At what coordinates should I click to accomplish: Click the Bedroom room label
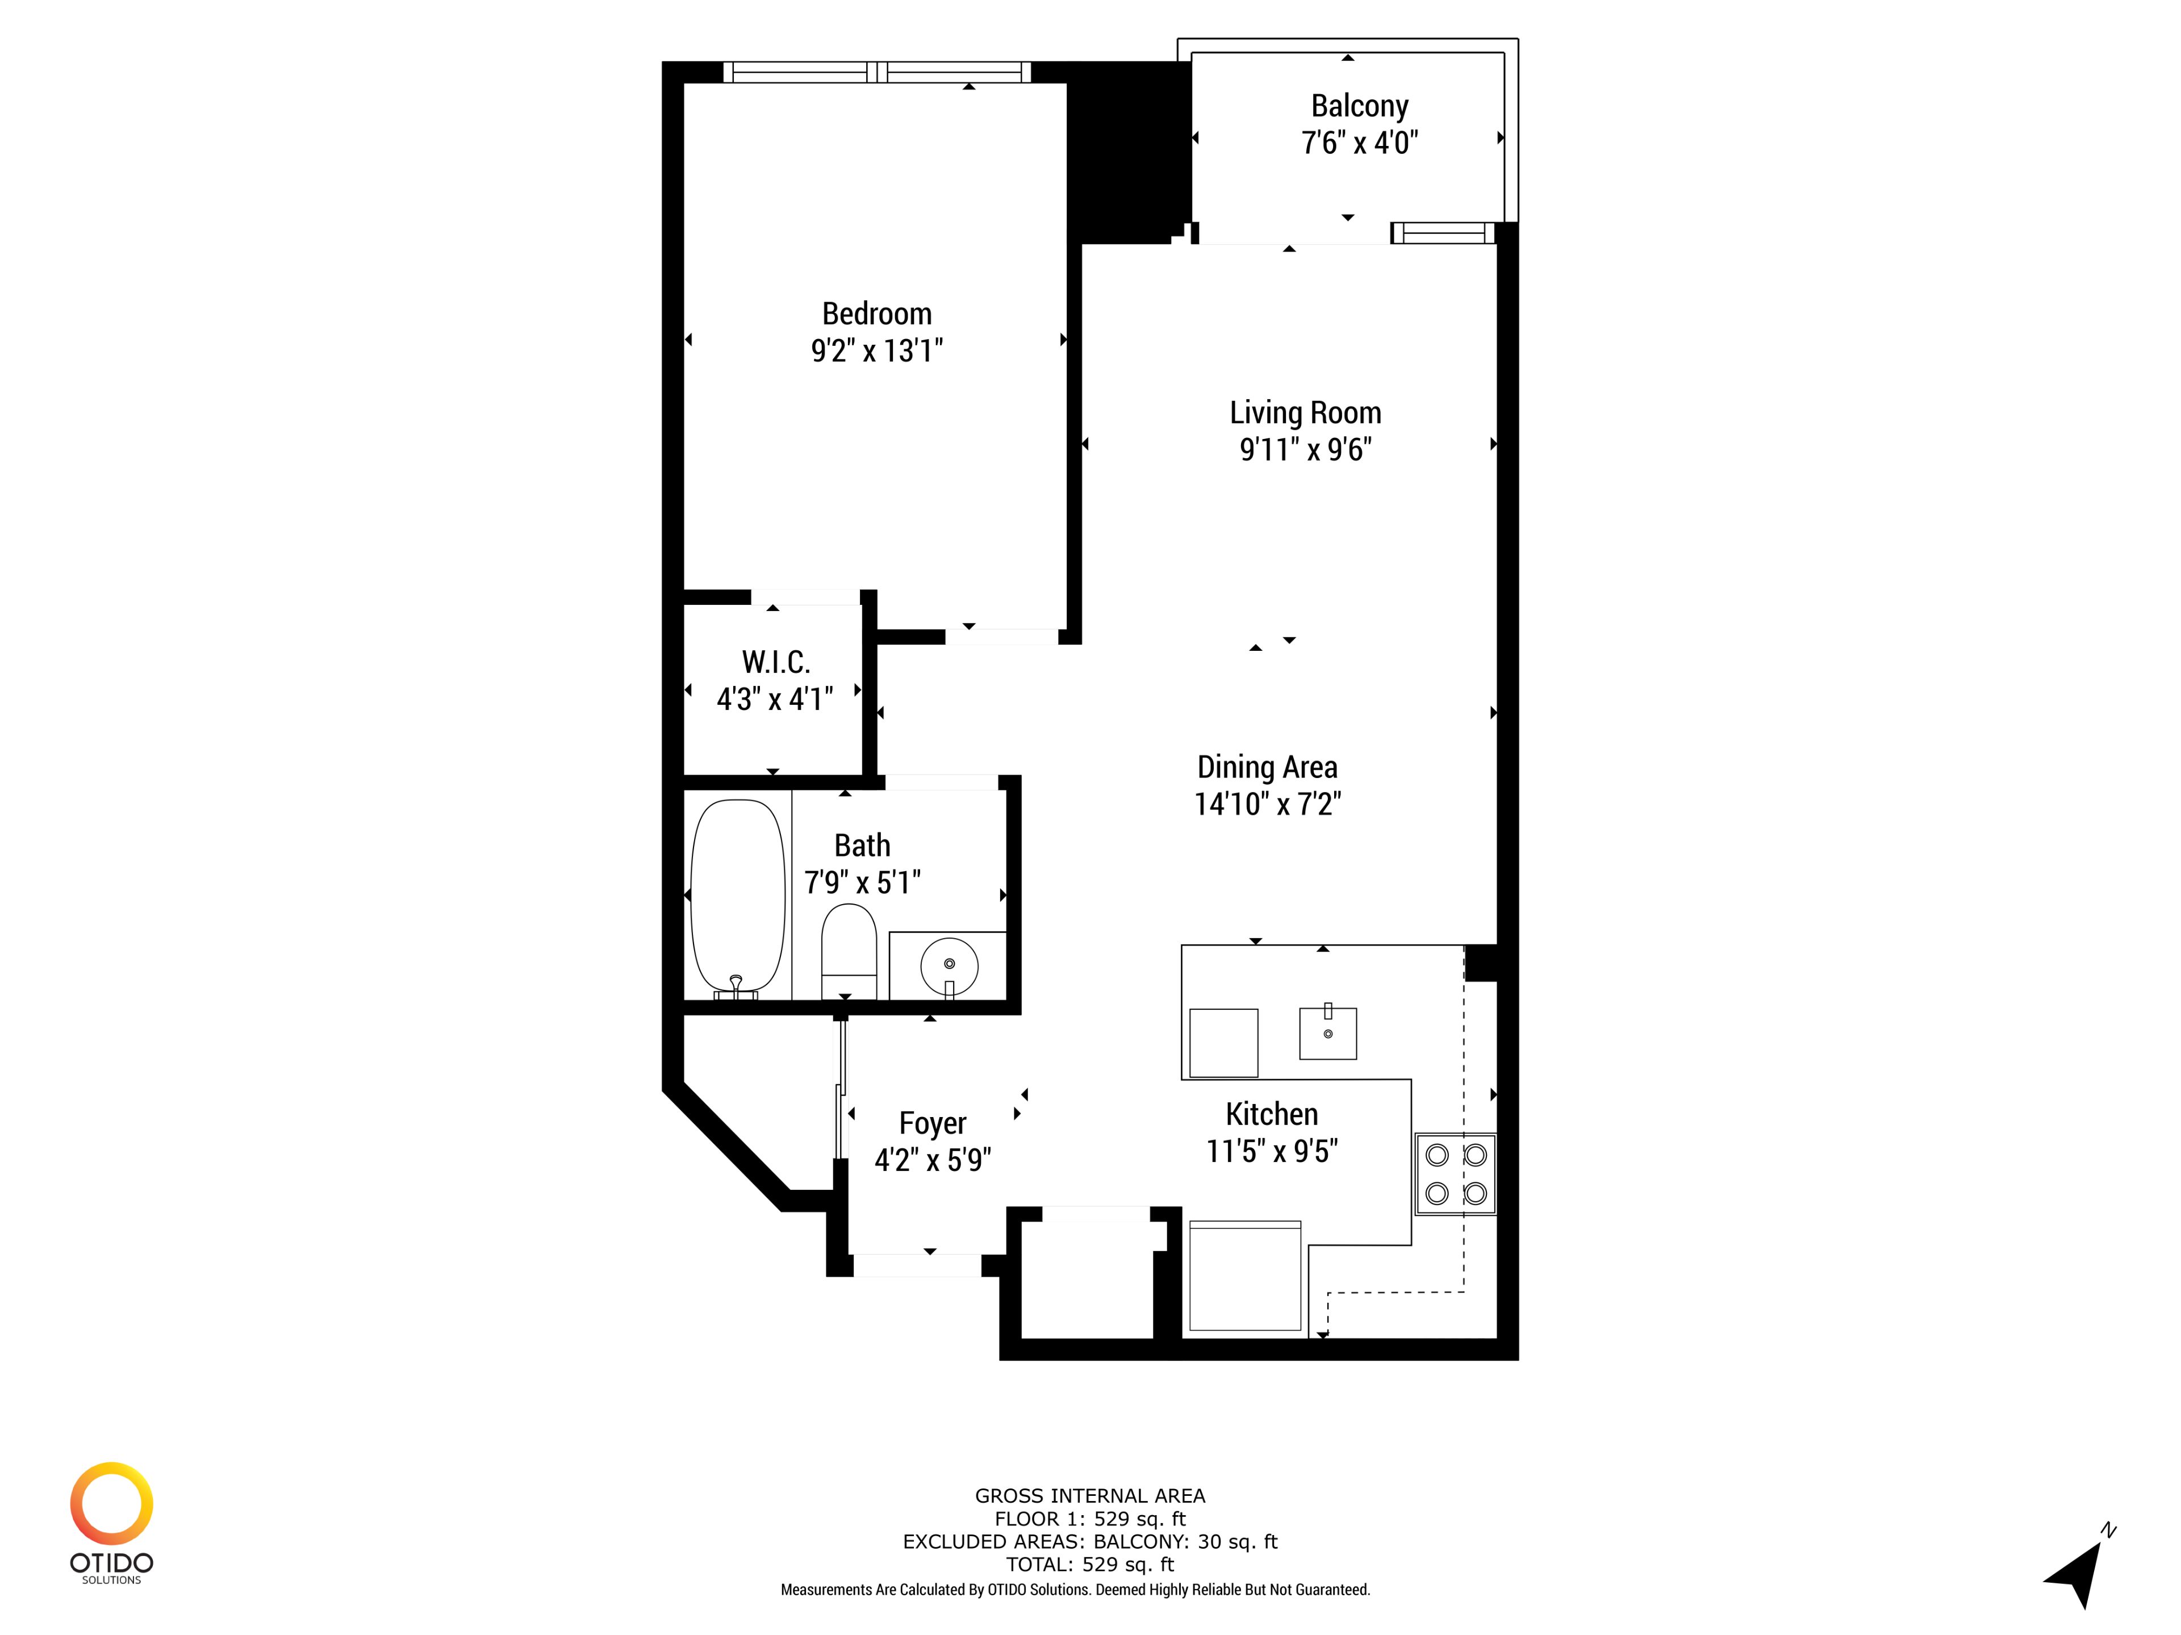click(x=876, y=313)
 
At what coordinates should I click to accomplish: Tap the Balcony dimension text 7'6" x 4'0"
click(x=1360, y=143)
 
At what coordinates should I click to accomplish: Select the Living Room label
click(x=1305, y=413)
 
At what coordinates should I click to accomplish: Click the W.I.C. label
click(x=776, y=662)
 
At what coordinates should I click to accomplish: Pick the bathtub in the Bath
click(x=738, y=897)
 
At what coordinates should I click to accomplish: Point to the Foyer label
click(x=933, y=1123)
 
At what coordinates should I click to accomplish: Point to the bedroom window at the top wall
click(x=876, y=72)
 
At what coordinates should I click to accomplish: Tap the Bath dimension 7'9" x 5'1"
click(x=863, y=883)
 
